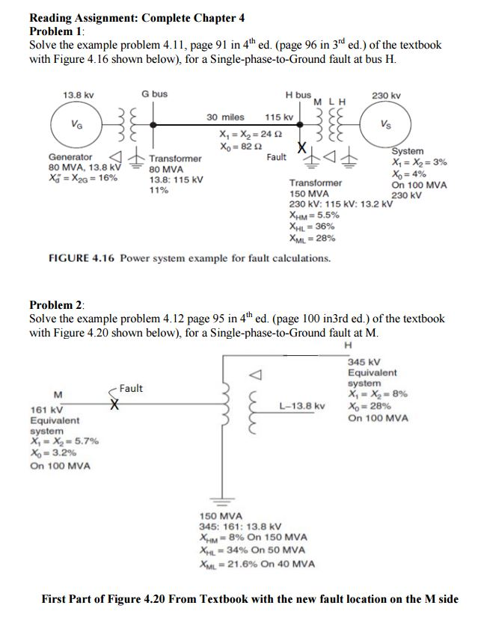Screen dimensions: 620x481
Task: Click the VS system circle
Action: coord(383,123)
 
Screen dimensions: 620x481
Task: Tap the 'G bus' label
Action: coord(155,94)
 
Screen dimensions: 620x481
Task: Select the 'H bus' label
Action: coord(298,95)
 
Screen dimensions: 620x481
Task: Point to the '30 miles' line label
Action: coord(225,117)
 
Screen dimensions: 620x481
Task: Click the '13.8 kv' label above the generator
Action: coord(78,95)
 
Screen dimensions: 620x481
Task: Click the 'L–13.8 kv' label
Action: coord(302,406)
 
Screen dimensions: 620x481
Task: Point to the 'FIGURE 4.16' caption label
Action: coord(80,259)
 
